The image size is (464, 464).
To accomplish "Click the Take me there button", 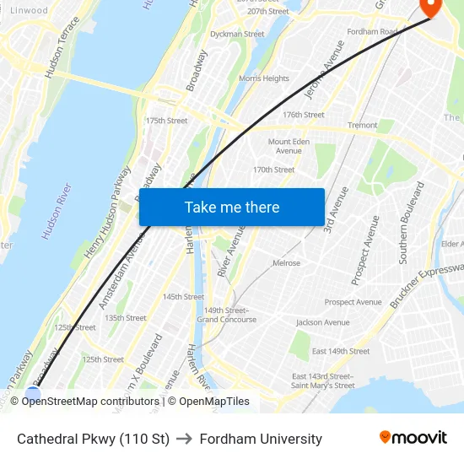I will coord(231,207).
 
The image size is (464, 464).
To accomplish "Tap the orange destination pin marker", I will coord(430,7).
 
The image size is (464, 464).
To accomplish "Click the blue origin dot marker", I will coord(33,393).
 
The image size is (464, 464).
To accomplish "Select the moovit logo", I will coord(413,438).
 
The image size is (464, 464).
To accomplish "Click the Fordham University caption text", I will coord(261,439).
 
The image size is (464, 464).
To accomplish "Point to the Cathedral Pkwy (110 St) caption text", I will coord(93,439).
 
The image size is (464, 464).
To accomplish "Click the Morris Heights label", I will coord(264,78).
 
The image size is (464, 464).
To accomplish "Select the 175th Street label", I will coord(167,121).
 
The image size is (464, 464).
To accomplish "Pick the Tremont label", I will coord(363,125).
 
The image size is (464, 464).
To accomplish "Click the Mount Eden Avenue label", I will coord(289,146).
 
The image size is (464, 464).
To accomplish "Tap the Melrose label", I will coord(286,263).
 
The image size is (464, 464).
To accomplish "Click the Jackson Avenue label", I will coord(322,322).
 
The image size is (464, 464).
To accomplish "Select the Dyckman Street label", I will coord(237,35).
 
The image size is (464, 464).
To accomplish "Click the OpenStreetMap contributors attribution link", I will coord(90,402).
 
